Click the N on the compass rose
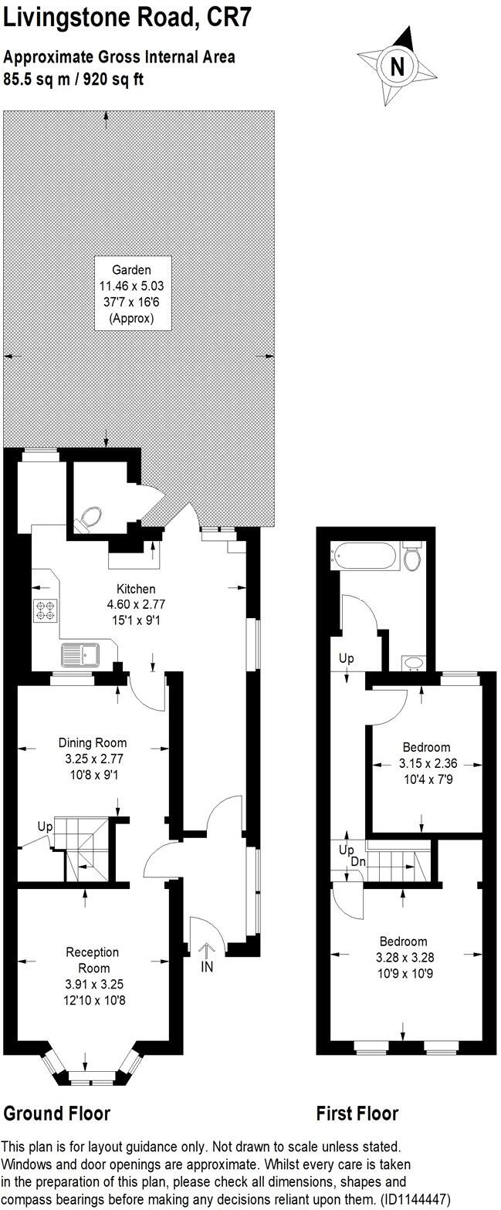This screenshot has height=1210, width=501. click(x=398, y=66)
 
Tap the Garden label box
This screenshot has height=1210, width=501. click(x=132, y=293)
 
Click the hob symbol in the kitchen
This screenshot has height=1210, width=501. click(x=45, y=610)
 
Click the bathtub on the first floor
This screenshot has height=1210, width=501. click(x=364, y=555)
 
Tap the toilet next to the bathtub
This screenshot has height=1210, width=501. click(x=413, y=556)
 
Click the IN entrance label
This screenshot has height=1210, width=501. click(x=206, y=966)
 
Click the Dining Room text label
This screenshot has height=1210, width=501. click(x=93, y=742)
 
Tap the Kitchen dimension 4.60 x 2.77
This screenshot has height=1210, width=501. click(x=137, y=604)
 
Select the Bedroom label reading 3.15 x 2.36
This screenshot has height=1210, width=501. click(x=426, y=763)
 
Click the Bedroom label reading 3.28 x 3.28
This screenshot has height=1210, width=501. click(x=403, y=957)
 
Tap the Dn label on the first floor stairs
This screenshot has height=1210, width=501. click(x=358, y=861)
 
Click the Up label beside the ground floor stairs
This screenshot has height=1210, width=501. click(x=45, y=826)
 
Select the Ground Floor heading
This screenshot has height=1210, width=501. click(x=57, y=1113)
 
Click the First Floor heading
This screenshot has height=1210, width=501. click(x=357, y=1113)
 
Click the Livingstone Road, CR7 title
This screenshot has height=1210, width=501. click(x=127, y=18)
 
